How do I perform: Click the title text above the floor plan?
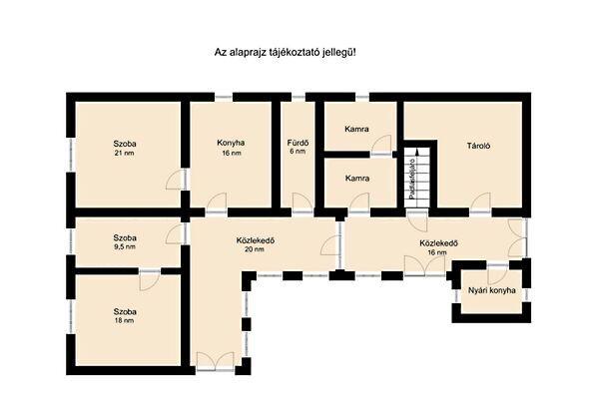[x=285, y=53]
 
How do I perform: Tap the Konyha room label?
[x=231, y=143]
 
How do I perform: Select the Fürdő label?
[x=298, y=143]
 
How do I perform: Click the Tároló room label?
[x=478, y=146]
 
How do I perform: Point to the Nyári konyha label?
[x=492, y=290]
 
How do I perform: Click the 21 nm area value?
[x=125, y=153]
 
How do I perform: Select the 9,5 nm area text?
[x=125, y=246]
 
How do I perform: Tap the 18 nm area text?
[x=125, y=320]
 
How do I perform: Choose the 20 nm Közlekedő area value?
[x=256, y=249]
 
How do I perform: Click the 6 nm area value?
[x=298, y=152]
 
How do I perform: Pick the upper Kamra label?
[x=356, y=129]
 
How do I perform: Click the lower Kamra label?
[x=357, y=179]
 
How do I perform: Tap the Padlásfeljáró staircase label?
[x=411, y=179]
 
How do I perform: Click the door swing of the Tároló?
[x=480, y=203]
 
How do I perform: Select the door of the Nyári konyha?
[x=498, y=273]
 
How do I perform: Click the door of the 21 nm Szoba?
[x=176, y=180]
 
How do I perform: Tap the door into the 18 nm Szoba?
[x=150, y=279]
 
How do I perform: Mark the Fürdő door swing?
[x=303, y=203]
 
